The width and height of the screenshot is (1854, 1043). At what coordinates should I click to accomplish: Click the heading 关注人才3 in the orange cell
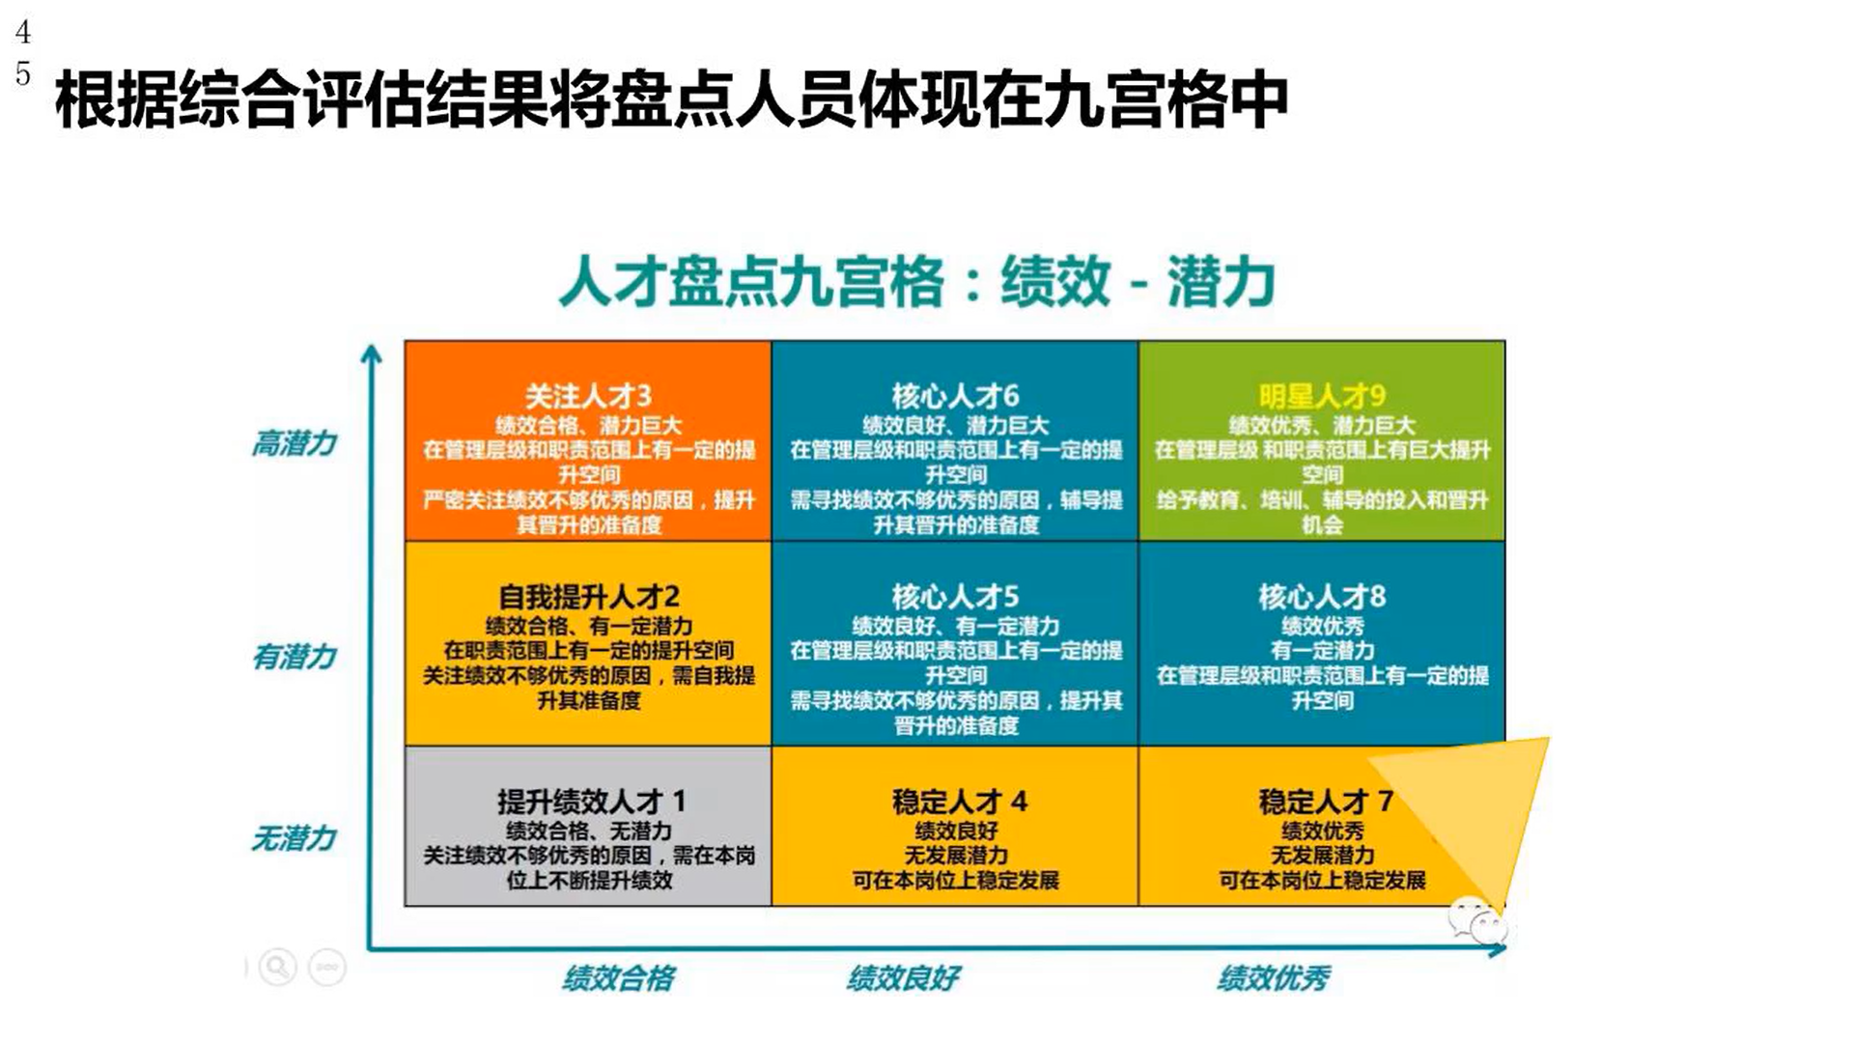coord(588,396)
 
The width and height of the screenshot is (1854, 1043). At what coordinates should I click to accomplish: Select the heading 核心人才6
coord(955,396)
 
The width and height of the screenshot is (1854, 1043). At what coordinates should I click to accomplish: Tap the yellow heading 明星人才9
coord(1322,396)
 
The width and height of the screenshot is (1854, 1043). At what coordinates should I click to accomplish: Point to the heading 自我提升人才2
coord(588,597)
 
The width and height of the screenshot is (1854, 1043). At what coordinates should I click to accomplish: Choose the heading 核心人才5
coord(955,597)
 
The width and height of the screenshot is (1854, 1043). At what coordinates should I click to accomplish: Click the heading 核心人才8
coord(1322,597)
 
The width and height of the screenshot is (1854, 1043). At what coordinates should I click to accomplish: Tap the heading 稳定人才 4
coord(959,802)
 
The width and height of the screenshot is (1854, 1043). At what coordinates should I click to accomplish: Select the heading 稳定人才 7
coord(1325,802)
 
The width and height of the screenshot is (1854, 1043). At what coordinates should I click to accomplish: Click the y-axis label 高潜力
coord(295,443)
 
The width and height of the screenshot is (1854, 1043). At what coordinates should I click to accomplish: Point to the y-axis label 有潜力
coord(295,657)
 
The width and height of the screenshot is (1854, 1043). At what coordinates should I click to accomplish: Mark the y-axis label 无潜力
coord(295,837)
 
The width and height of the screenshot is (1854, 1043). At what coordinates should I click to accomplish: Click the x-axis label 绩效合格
coord(619,978)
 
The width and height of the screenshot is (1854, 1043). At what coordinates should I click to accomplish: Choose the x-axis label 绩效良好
coord(904,978)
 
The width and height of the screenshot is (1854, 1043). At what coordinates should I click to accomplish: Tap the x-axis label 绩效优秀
coord(1274,978)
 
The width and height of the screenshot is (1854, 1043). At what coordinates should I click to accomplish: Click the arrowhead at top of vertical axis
coord(371,355)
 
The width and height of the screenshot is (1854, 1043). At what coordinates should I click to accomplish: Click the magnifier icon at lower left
coord(277,966)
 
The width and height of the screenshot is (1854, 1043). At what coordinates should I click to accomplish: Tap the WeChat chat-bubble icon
coord(1476,920)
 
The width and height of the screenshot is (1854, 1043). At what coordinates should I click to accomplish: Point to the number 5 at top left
coord(23,74)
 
